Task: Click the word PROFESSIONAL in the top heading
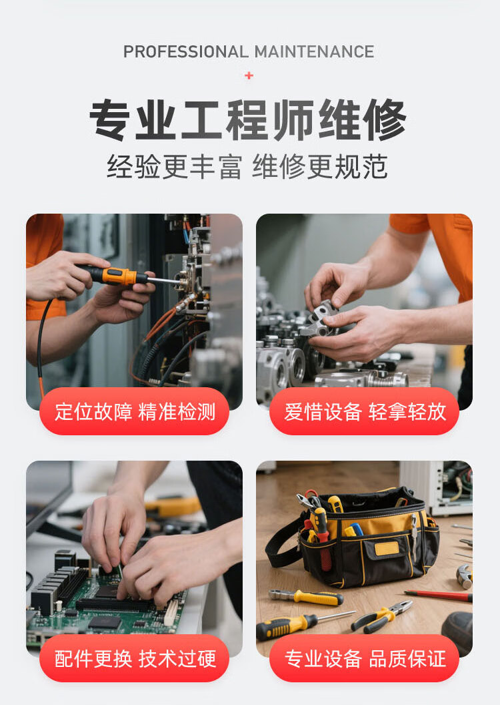click(186, 51)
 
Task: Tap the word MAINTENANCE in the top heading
click(314, 51)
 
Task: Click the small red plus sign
click(249, 75)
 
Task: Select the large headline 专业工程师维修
click(248, 120)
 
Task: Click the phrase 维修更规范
click(320, 166)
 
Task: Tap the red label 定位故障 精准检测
click(135, 411)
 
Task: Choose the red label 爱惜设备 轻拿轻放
click(365, 411)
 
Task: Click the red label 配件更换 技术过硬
click(135, 659)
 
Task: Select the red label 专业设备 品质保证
click(365, 659)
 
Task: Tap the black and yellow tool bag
click(359, 537)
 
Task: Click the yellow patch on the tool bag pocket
click(387, 549)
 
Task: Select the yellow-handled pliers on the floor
click(381, 616)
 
